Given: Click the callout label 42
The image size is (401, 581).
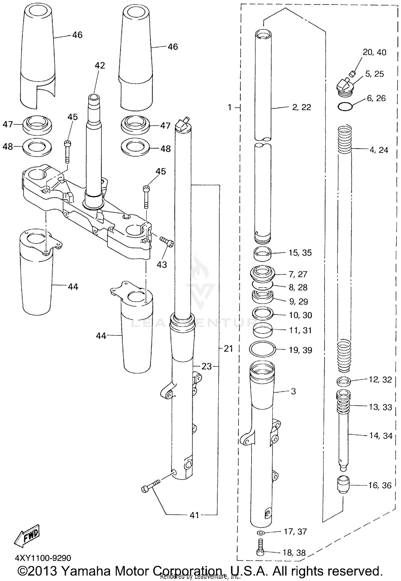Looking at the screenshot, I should pos(100,66).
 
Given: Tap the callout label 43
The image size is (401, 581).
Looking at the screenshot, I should pos(162,265).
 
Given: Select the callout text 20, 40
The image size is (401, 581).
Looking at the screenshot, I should pos(374,52).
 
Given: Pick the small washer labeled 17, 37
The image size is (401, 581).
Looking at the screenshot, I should pos(261,533).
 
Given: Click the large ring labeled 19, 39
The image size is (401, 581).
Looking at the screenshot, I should pos(262,349).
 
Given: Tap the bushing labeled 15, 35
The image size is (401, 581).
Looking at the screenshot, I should pos(263,254).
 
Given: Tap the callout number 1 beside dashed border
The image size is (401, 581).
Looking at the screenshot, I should pos(229,108).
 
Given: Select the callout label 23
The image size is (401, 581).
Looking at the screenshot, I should pos(206,366).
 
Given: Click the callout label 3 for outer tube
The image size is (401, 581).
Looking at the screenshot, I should pos(293,391).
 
